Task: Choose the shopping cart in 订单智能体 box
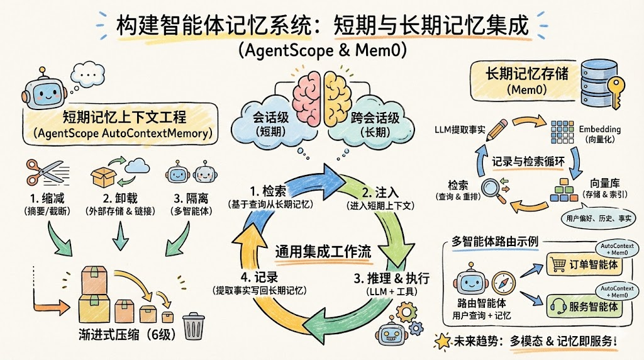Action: pos(558,264)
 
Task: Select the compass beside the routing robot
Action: pos(504,281)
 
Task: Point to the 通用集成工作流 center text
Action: pos(323,251)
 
